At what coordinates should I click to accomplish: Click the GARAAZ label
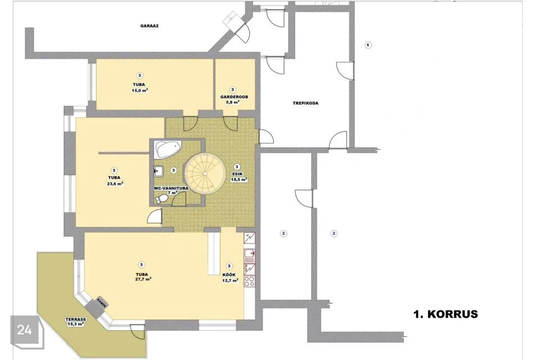coord(150,26)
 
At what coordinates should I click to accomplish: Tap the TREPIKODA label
coord(305,103)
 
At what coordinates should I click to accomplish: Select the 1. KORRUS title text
coord(445,314)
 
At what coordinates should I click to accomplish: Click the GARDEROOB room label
coord(234,97)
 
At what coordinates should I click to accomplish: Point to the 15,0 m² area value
coord(140,91)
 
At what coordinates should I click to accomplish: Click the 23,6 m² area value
coord(115,183)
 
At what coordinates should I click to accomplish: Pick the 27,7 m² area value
coord(143,279)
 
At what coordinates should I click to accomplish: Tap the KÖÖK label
coord(229,275)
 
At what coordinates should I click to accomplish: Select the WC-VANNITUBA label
coord(171,188)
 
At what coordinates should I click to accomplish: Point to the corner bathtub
coord(168,149)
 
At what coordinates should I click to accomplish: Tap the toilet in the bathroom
coord(162,199)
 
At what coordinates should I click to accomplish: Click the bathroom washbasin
coord(159,171)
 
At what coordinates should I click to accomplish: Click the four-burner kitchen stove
coord(249,281)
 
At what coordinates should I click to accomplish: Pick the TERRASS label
coord(76,319)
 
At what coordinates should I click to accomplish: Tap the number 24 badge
coord(24,330)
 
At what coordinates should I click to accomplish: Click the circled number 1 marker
coord(368,45)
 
